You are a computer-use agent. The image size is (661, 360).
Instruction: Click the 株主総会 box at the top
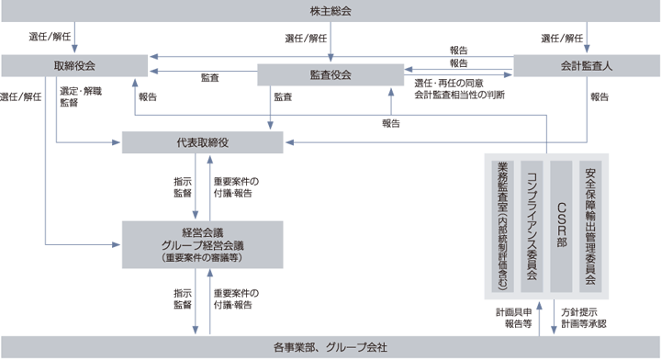330,11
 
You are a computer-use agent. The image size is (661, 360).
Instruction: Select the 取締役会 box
75,66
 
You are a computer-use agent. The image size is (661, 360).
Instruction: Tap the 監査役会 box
330,73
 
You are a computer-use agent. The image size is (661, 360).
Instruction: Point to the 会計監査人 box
586,66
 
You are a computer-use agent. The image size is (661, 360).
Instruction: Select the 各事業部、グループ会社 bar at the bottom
330,348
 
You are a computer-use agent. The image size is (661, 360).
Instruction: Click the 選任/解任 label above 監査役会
307,39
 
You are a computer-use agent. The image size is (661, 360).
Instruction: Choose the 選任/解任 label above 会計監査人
562,39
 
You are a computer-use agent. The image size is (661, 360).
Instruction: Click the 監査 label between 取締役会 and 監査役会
209,79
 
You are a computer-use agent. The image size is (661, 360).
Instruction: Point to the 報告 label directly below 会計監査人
599,96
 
